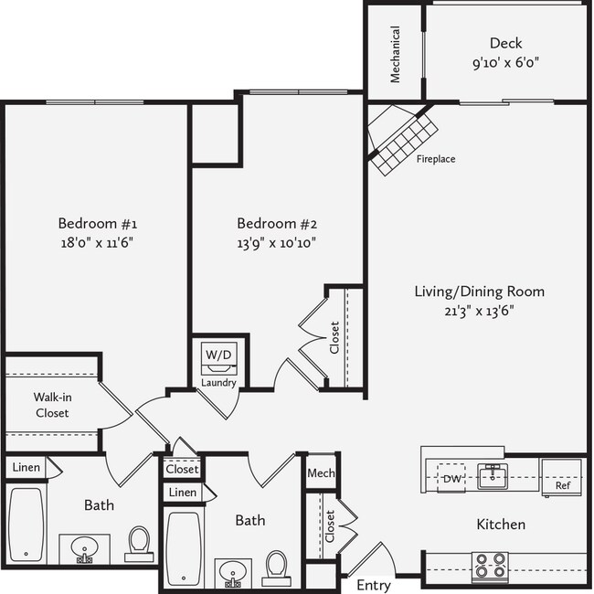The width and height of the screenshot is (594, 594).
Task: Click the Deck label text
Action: coord(505,43)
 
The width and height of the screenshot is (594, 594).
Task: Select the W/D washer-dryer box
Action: coord(218,355)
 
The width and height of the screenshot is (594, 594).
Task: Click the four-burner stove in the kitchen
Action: coord(490,565)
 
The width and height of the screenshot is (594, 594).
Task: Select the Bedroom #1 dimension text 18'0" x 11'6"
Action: coord(98,243)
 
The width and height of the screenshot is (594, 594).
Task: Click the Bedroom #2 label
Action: coord(276,223)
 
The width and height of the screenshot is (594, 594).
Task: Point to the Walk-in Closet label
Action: coord(51,405)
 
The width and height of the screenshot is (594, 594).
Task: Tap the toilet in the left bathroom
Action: coord(139,541)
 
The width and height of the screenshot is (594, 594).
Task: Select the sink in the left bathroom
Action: coord(84,550)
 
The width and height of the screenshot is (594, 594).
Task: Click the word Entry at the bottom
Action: coord(373,585)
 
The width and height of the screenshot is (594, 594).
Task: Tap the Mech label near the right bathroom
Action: coord(321,473)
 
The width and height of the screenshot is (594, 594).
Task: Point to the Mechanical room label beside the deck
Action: coord(396,54)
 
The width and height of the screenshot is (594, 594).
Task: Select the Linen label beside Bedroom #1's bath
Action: coord(26,467)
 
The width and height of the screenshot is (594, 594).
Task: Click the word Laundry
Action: coord(219,383)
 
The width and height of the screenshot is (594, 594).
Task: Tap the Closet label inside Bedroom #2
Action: coord(334,338)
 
